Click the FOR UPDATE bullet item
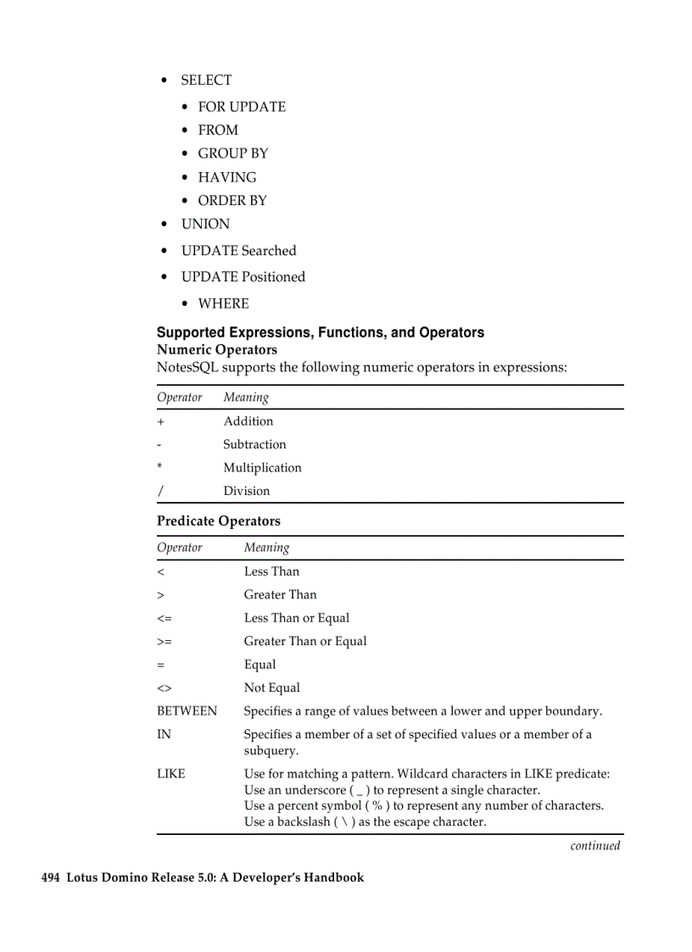pos(242,107)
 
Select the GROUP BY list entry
pos(232,153)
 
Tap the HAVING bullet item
pos(226,177)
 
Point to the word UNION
pos(205,224)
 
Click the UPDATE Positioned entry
pos(243,277)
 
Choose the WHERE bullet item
pos(223,303)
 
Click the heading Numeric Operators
pos(217,349)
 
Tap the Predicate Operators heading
pos(219,521)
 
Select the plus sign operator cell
pos(161,421)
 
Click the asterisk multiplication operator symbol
pos(159,467)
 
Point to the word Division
pos(247,491)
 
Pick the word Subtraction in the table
pos(254,444)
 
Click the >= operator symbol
pos(164,642)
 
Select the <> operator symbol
pos(164,688)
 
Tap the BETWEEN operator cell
pos(187,711)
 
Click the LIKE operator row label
pos(170,774)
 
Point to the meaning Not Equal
pos(271,688)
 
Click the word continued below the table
pos(594,846)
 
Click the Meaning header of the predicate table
pos(266,548)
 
